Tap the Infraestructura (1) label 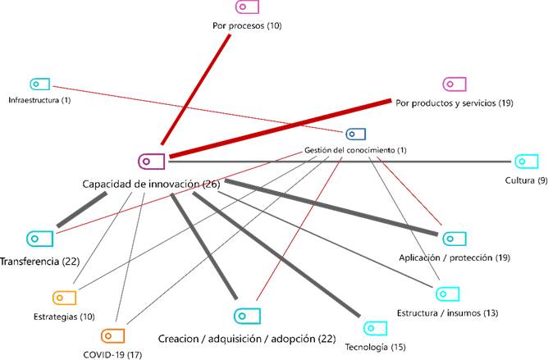pos(39,100)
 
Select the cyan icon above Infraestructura pos(39,84)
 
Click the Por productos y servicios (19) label pos(454,103)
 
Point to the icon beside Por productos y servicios pos(454,84)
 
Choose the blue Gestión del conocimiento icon pos(355,134)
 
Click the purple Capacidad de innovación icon pos(152,162)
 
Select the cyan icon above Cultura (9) pos(525,162)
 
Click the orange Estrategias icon pos(63,298)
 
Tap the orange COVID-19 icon pos(112,335)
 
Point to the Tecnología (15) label pos(376,347)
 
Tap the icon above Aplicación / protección pos(454,239)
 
